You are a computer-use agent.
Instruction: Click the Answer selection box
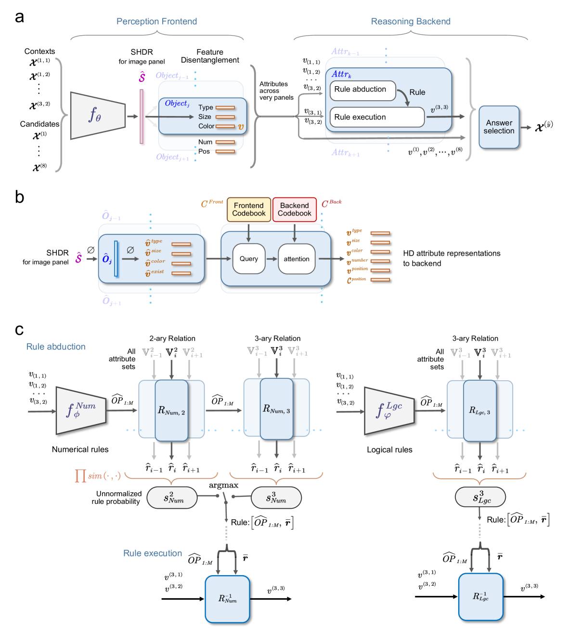(x=499, y=127)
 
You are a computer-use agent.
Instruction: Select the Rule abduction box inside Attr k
(x=362, y=90)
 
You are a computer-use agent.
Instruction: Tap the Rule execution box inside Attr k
(x=376, y=117)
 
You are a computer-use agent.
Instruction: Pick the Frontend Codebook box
(x=249, y=209)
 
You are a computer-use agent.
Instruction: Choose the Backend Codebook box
(x=295, y=209)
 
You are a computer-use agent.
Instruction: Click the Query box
(x=249, y=259)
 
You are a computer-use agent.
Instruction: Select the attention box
(x=297, y=259)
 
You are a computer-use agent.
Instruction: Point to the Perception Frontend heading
(x=157, y=22)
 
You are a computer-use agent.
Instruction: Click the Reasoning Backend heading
(x=411, y=22)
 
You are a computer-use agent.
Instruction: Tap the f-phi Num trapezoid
(x=81, y=411)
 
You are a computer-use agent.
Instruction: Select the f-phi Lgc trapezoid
(x=389, y=411)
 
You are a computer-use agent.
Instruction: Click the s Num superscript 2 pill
(x=172, y=498)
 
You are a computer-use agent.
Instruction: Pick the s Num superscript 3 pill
(x=276, y=498)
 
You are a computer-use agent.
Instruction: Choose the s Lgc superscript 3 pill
(x=480, y=497)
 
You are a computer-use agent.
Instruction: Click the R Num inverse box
(x=227, y=599)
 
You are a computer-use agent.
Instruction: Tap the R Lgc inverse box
(x=480, y=597)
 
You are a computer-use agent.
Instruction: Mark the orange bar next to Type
(x=225, y=107)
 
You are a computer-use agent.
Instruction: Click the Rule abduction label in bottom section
(x=56, y=347)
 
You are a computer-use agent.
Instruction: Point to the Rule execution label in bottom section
(x=153, y=554)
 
